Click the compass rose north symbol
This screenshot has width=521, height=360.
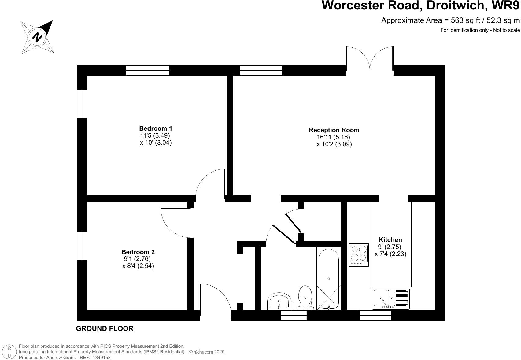click(37, 37)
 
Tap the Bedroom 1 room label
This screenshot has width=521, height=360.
click(156, 128)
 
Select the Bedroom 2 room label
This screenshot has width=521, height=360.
click(138, 252)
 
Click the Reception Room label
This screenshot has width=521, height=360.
click(334, 130)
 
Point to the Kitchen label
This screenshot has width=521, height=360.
click(390, 240)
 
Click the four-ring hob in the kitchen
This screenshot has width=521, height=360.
click(359, 255)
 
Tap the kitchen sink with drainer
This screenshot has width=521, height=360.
click(391, 298)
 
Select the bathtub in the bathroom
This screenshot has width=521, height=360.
click(329, 279)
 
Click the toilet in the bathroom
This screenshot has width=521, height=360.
click(305, 299)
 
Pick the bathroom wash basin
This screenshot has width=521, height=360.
click(279, 301)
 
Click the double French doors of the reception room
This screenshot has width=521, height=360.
click(370, 58)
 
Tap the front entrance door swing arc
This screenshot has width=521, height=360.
click(216, 298)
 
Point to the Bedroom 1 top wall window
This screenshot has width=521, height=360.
click(148, 70)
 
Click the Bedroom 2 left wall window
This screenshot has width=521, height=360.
click(82, 246)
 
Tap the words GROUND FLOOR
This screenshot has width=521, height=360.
click(105, 329)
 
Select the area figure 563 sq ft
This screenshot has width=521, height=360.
click(464, 20)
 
